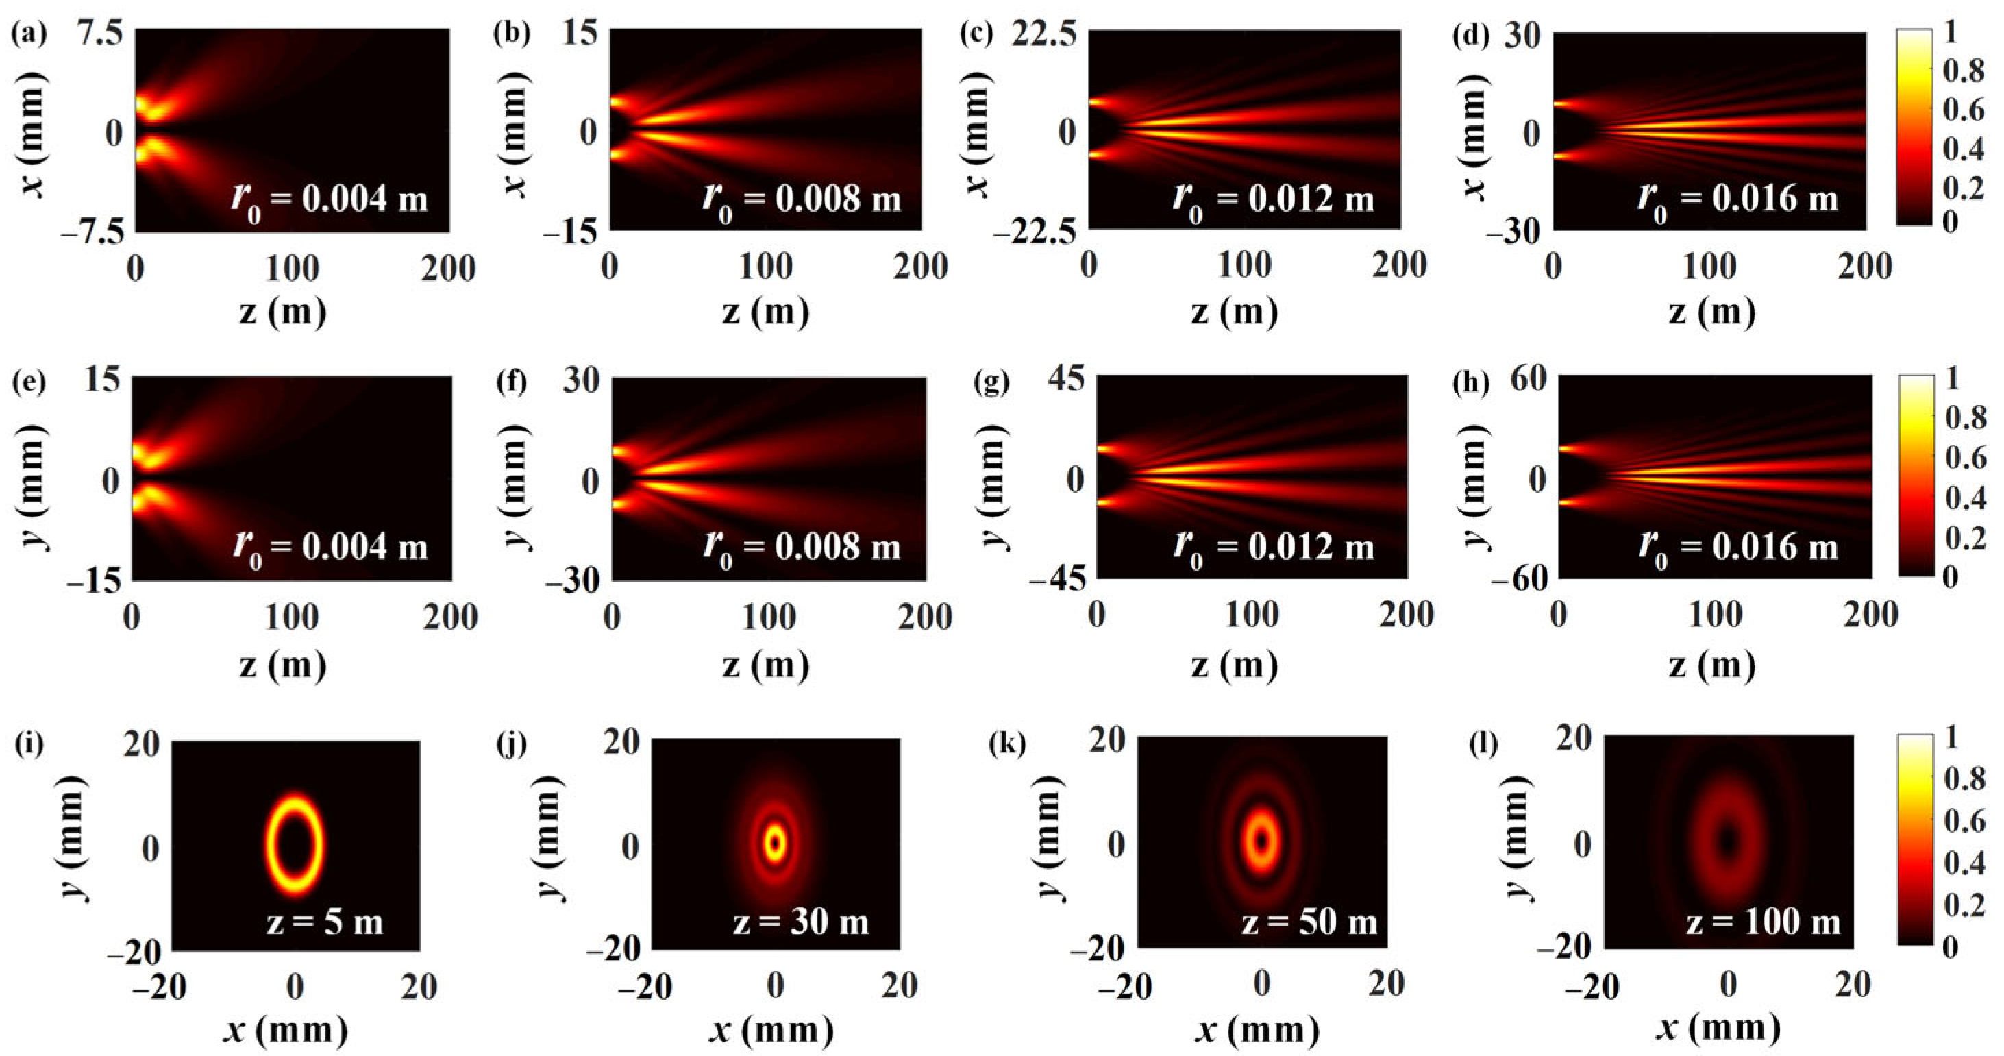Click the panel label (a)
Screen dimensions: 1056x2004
click(x=29, y=34)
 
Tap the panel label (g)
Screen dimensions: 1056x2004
click(x=992, y=383)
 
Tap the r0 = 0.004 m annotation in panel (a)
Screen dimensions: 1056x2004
click(x=330, y=200)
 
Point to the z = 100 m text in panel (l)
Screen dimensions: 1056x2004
click(x=1764, y=922)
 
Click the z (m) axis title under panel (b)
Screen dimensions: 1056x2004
click(x=765, y=311)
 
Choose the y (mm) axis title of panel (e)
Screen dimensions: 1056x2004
click(x=33, y=480)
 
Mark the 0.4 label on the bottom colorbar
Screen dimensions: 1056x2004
click(x=1964, y=862)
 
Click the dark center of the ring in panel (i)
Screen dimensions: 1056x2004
click(x=295, y=844)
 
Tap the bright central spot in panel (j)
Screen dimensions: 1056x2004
click(x=775, y=842)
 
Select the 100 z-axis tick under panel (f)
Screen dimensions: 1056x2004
click(x=769, y=617)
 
